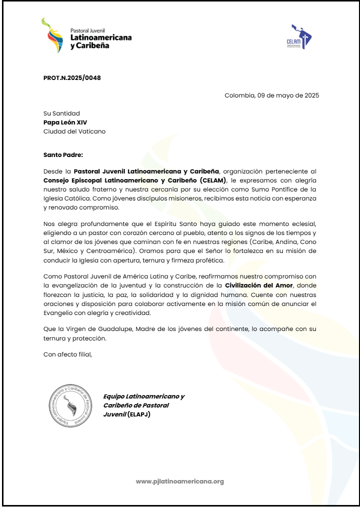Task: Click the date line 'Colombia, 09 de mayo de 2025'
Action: pos(271,95)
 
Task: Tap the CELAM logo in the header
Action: pos(301,37)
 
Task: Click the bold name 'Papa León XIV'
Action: pos(61,122)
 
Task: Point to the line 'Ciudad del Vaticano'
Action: pos(74,131)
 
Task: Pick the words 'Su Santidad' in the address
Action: pos(61,113)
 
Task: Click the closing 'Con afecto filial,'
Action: pos(68,354)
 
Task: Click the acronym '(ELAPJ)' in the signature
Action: pos(138,414)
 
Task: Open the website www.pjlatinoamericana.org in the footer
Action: pos(179,481)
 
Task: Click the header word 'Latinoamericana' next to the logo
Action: pos(101,37)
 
